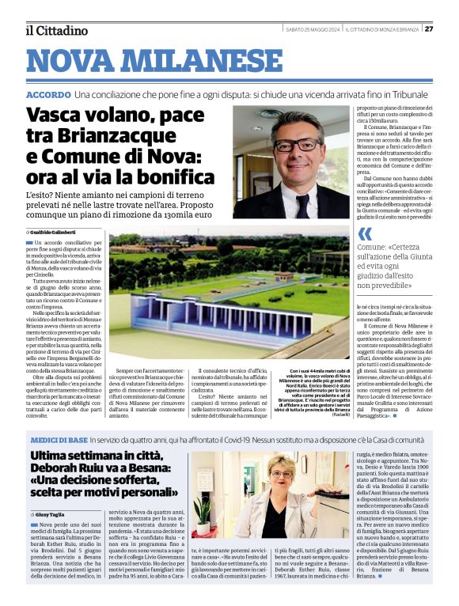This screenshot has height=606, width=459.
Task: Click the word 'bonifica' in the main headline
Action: click(x=176, y=175)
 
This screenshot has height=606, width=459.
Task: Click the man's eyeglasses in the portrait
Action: click(x=297, y=145)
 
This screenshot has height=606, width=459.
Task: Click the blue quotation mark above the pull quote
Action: click(x=365, y=233)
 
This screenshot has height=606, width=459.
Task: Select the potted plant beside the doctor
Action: click(x=203, y=513)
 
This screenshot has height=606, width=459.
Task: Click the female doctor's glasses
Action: click(x=280, y=475)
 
